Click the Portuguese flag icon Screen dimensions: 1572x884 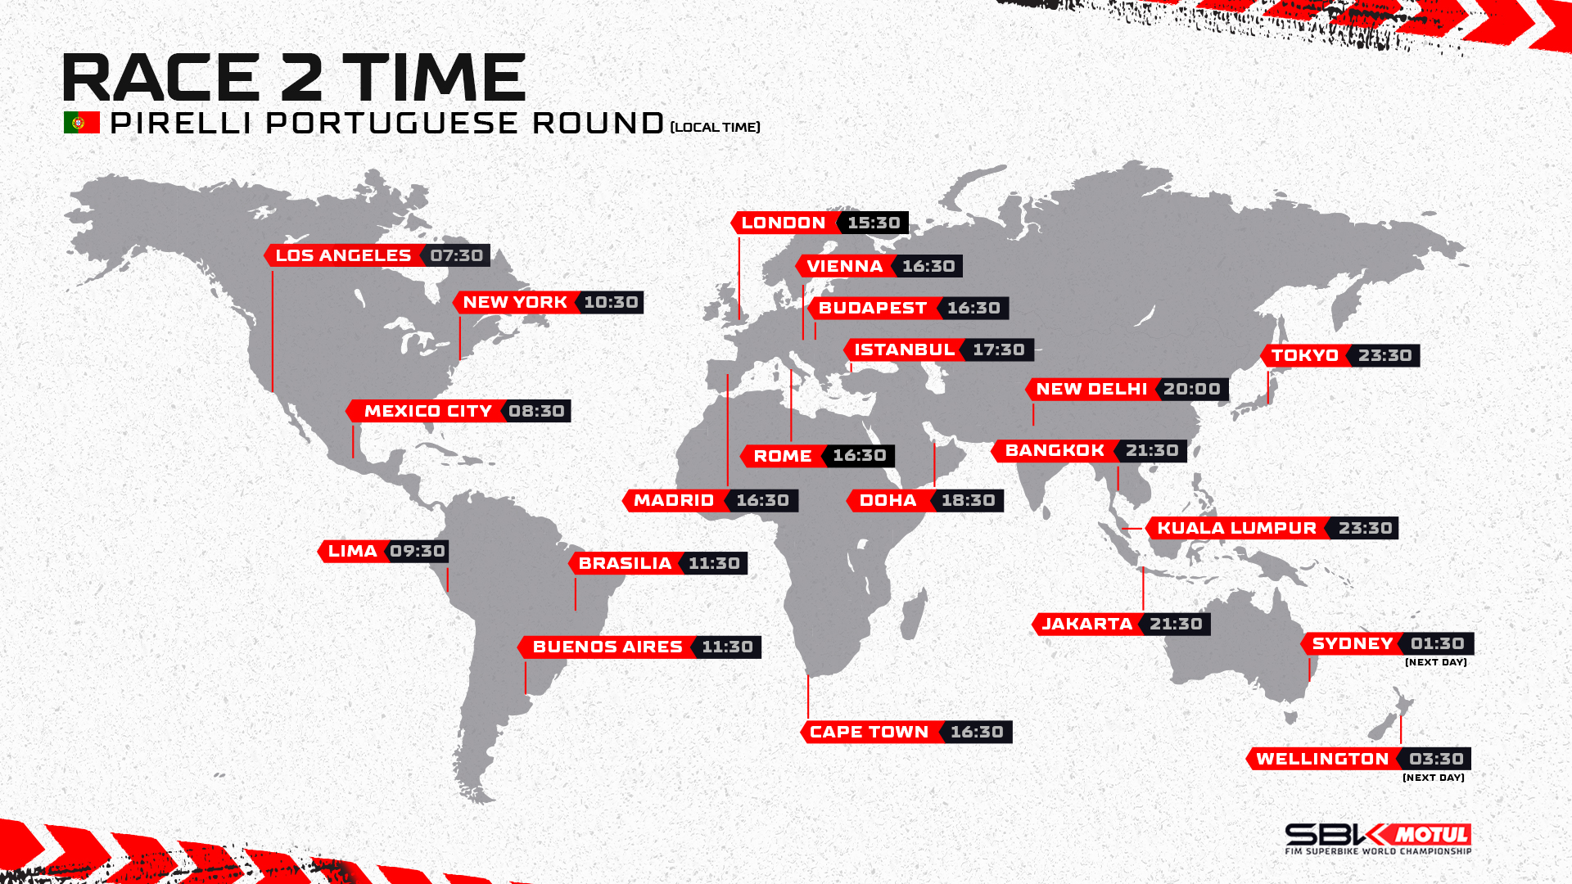[x=82, y=123]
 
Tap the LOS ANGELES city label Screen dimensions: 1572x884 [x=343, y=255]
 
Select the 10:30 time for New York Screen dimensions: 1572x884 [x=611, y=303]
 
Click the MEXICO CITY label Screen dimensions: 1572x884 [x=428, y=411]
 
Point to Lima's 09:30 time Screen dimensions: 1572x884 [x=418, y=552]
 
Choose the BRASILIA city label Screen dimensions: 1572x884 [x=626, y=563]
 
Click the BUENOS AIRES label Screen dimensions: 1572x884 [x=608, y=647]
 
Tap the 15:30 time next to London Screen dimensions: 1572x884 [x=874, y=223]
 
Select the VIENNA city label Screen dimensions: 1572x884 [x=845, y=266]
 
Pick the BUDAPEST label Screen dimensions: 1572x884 [x=873, y=309]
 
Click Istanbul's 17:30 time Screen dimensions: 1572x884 [x=999, y=350]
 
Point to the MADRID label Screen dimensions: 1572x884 [x=674, y=500]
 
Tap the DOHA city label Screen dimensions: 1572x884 [x=888, y=500]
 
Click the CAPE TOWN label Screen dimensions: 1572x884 [x=870, y=732]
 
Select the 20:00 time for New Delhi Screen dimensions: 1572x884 [x=1192, y=390]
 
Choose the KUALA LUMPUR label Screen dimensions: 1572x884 [x=1237, y=529]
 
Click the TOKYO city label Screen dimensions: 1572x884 [x=1305, y=356]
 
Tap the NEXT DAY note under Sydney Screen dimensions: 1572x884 [x=1436, y=662]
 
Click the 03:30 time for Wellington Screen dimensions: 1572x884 [x=1437, y=760]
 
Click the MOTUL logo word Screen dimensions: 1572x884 [x=1431, y=835]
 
